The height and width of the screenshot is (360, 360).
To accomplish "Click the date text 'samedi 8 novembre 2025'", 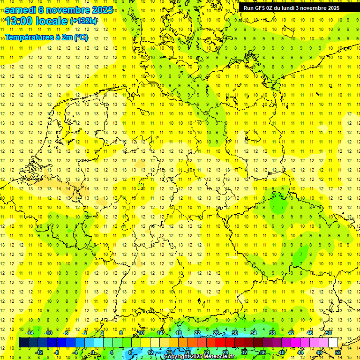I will (59, 10).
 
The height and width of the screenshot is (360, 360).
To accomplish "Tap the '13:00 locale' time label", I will (37, 21).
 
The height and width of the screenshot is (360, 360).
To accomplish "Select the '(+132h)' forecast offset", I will (83, 21).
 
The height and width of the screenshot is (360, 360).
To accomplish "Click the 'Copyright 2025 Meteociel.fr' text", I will (200, 357).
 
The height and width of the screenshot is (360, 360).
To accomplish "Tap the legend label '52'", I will (337, 352).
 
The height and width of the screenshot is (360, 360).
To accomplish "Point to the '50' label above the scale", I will (329, 333).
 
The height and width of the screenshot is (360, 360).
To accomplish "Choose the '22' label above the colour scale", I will (197, 333).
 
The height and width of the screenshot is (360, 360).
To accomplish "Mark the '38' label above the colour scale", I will (272, 333).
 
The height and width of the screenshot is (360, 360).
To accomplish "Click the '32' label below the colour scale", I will (244, 352).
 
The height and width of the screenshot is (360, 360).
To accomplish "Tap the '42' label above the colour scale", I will (291, 333).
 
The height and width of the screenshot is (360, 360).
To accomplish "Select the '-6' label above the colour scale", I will (66, 333).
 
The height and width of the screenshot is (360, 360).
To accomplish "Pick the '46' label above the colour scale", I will (310, 333).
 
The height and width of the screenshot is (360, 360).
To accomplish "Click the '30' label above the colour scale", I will (235, 333).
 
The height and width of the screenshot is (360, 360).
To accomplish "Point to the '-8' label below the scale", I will (57, 352).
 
